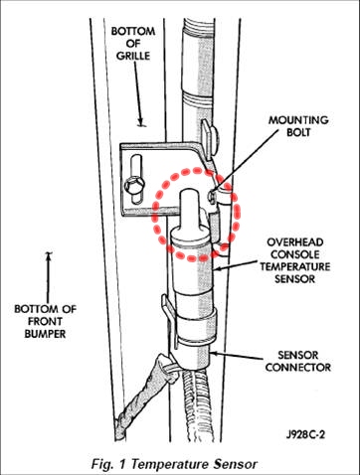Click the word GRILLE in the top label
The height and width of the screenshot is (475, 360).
tap(133, 56)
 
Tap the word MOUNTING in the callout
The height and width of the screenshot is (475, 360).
tap(298, 120)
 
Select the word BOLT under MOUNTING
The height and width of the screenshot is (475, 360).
tap(298, 132)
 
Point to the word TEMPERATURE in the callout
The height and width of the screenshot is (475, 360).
tap(294, 266)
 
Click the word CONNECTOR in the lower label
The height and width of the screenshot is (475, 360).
tap(298, 367)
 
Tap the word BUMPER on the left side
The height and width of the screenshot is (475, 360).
tap(45, 334)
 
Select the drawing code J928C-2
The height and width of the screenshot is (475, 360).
tap(305, 434)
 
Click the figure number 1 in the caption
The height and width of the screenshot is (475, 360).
tap(122, 464)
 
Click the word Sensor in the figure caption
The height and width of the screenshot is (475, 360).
tap(235, 464)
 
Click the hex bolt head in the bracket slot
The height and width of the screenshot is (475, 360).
tap(134, 185)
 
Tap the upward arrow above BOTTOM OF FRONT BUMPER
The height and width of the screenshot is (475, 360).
tap(49, 278)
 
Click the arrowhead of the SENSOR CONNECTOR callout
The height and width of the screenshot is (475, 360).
tap(214, 354)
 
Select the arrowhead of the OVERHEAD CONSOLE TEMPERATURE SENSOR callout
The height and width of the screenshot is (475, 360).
tap(217, 268)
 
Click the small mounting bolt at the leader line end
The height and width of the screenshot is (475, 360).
tap(211, 197)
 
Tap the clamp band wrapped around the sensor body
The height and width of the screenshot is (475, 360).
tap(195, 322)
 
